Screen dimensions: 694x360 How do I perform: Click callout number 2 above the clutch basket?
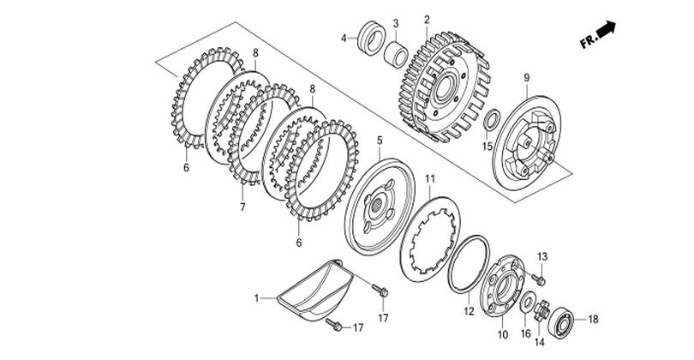pos(427,20)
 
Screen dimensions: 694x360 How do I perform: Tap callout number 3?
pos(396,22)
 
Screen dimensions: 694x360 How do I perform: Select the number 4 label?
pos(344,39)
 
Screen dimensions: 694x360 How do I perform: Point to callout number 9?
pos(527,78)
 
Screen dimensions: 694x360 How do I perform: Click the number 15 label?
pos(487,146)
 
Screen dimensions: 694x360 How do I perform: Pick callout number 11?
pos(430,179)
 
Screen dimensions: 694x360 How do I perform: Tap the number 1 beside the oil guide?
pos(257,299)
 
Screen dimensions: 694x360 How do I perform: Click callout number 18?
pos(593,319)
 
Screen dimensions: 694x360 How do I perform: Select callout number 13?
pos(542,256)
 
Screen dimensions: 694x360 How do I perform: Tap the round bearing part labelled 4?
pos(371,38)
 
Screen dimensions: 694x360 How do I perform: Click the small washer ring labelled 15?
pos(492,121)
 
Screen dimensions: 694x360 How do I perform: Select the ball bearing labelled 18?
pos(561,321)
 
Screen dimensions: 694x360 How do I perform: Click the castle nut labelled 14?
pos(541,310)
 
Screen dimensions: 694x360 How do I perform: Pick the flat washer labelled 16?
pos(527,302)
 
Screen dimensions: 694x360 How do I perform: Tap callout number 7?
pos(242,207)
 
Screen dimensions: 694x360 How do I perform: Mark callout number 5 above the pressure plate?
pos(380,141)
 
